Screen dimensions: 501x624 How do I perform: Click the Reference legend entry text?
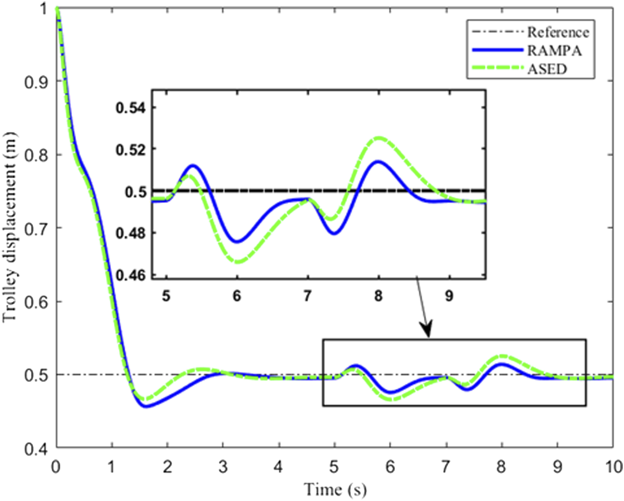pyautogui.click(x=558, y=32)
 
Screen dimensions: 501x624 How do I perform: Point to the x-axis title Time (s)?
pyautogui.click(x=335, y=489)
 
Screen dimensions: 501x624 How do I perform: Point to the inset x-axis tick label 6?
pyautogui.click(x=237, y=296)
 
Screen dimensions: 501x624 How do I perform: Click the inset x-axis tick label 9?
pyautogui.click(x=449, y=296)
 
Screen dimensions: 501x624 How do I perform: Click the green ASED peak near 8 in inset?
pyautogui.click(x=379, y=138)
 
